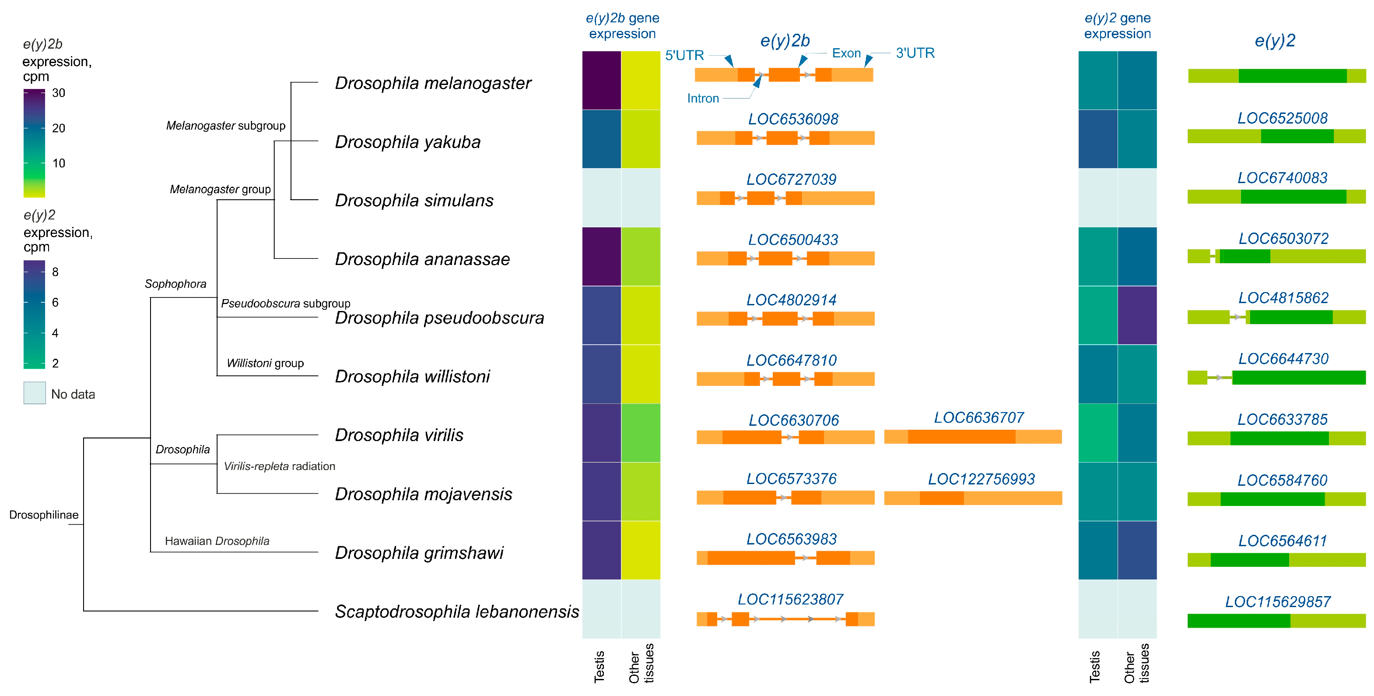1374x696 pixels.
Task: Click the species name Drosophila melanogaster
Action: (433, 83)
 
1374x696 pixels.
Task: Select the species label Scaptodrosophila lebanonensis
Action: (456, 611)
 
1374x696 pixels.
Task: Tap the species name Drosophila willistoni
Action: (412, 376)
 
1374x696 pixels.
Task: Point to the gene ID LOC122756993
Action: (981, 479)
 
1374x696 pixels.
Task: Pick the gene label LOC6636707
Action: (979, 417)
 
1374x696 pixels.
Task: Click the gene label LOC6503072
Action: (1283, 239)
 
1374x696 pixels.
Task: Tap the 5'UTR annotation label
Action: (684, 56)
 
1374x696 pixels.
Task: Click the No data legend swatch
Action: (35, 393)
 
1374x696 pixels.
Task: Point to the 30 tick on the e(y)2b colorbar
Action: (59, 93)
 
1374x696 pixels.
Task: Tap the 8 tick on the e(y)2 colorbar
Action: (55, 272)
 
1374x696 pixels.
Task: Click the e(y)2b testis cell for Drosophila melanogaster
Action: (601, 81)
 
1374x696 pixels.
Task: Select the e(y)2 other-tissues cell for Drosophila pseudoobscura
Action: (1137, 315)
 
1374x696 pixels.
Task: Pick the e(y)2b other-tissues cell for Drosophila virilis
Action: (641, 432)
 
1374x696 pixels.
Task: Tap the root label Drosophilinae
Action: (44, 515)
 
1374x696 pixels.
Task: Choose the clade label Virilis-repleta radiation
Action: (279, 466)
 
